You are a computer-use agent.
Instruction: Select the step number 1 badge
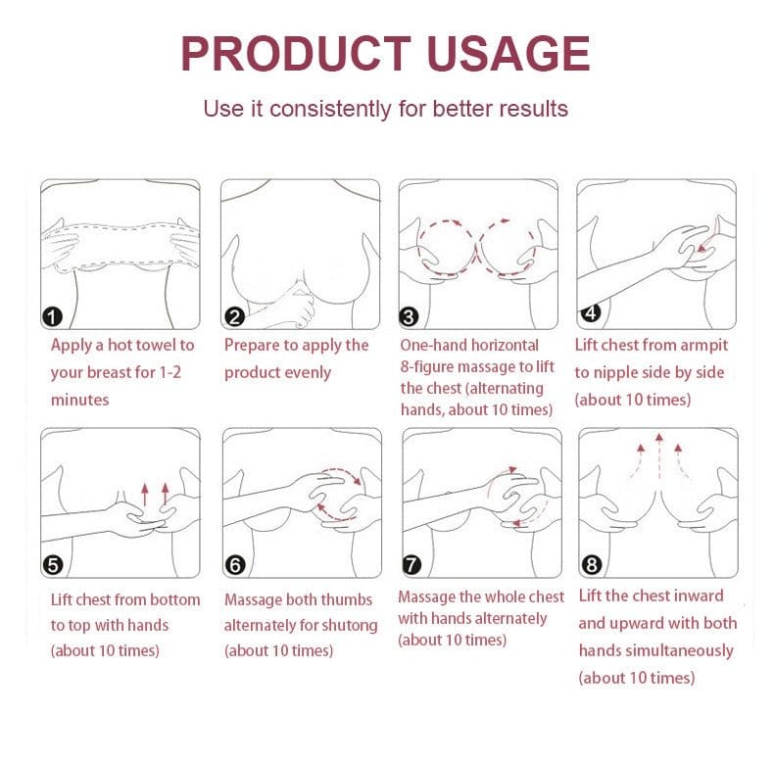click(x=53, y=316)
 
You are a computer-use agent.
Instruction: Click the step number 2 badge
click(x=234, y=316)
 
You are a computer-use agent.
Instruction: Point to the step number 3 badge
click(x=410, y=316)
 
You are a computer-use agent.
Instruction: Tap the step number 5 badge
click(x=53, y=564)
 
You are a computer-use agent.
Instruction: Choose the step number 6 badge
click(x=234, y=565)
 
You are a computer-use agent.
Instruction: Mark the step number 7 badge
click(x=411, y=565)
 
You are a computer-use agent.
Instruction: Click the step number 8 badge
click(x=591, y=565)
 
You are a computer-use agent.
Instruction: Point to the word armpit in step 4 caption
click(x=701, y=345)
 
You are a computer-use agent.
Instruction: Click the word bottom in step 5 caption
click(x=174, y=599)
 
